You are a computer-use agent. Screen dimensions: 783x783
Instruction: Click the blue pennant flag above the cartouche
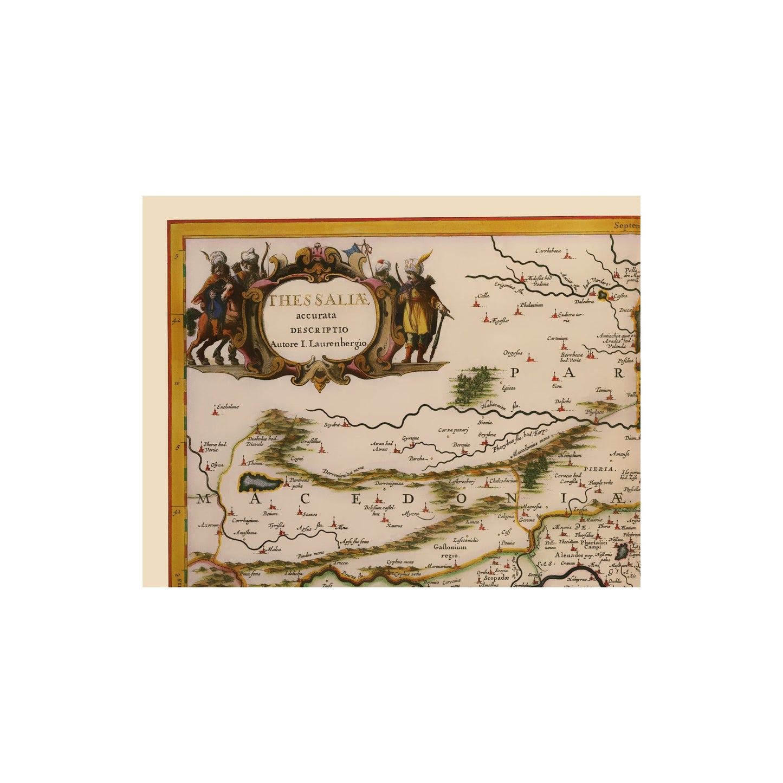[355, 250]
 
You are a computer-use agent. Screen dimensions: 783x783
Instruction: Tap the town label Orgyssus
[511, 352]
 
